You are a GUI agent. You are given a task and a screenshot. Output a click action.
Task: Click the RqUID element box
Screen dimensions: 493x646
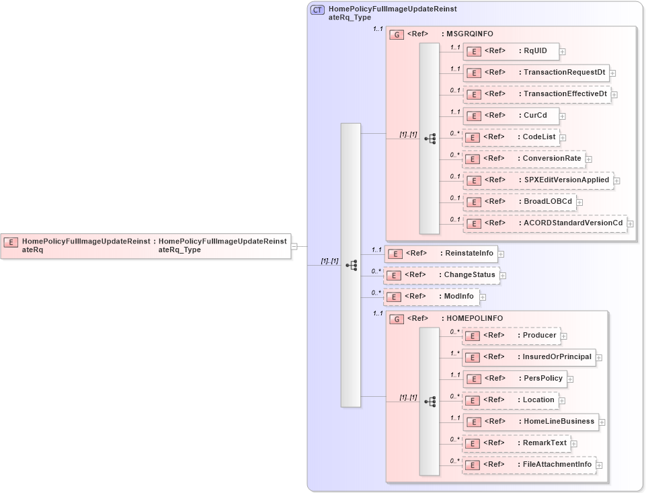(511, 51)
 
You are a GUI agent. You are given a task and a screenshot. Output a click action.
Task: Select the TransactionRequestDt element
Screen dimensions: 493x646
(536, 73)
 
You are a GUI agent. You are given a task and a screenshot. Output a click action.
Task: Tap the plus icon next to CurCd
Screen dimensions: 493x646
(563, 116)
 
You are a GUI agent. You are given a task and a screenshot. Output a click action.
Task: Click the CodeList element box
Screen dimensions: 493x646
(512, 137)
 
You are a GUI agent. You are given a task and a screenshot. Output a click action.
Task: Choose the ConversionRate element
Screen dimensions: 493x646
(524, 159)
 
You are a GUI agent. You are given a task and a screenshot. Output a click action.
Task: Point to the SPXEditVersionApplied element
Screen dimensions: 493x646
(538, 180)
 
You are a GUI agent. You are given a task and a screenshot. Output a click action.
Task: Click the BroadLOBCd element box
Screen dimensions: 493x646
(519, 202)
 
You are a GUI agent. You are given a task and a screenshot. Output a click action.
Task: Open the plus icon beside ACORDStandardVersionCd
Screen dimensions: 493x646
(631, 223)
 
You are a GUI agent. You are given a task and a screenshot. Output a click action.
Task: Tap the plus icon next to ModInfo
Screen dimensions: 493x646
(483, 297)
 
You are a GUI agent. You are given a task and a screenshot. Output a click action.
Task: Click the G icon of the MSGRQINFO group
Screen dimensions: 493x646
(397, 34)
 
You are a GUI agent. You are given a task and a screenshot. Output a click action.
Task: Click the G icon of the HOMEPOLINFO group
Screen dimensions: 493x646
(397, 319)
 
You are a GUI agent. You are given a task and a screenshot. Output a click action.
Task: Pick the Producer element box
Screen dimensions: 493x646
(511, 336)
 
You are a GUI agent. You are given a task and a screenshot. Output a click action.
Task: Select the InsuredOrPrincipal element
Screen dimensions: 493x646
(529, 357)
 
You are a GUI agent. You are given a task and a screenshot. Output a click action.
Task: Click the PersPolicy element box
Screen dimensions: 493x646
(514, 379)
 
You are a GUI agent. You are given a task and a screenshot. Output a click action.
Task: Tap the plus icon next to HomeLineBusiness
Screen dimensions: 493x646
(602, 422)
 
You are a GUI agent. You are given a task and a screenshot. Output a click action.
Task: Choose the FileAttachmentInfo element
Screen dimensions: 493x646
(529, 465)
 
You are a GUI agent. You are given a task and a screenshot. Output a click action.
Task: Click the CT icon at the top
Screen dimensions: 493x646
(317, 10)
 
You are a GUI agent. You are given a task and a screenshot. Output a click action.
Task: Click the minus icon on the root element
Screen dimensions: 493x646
(294, 246)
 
